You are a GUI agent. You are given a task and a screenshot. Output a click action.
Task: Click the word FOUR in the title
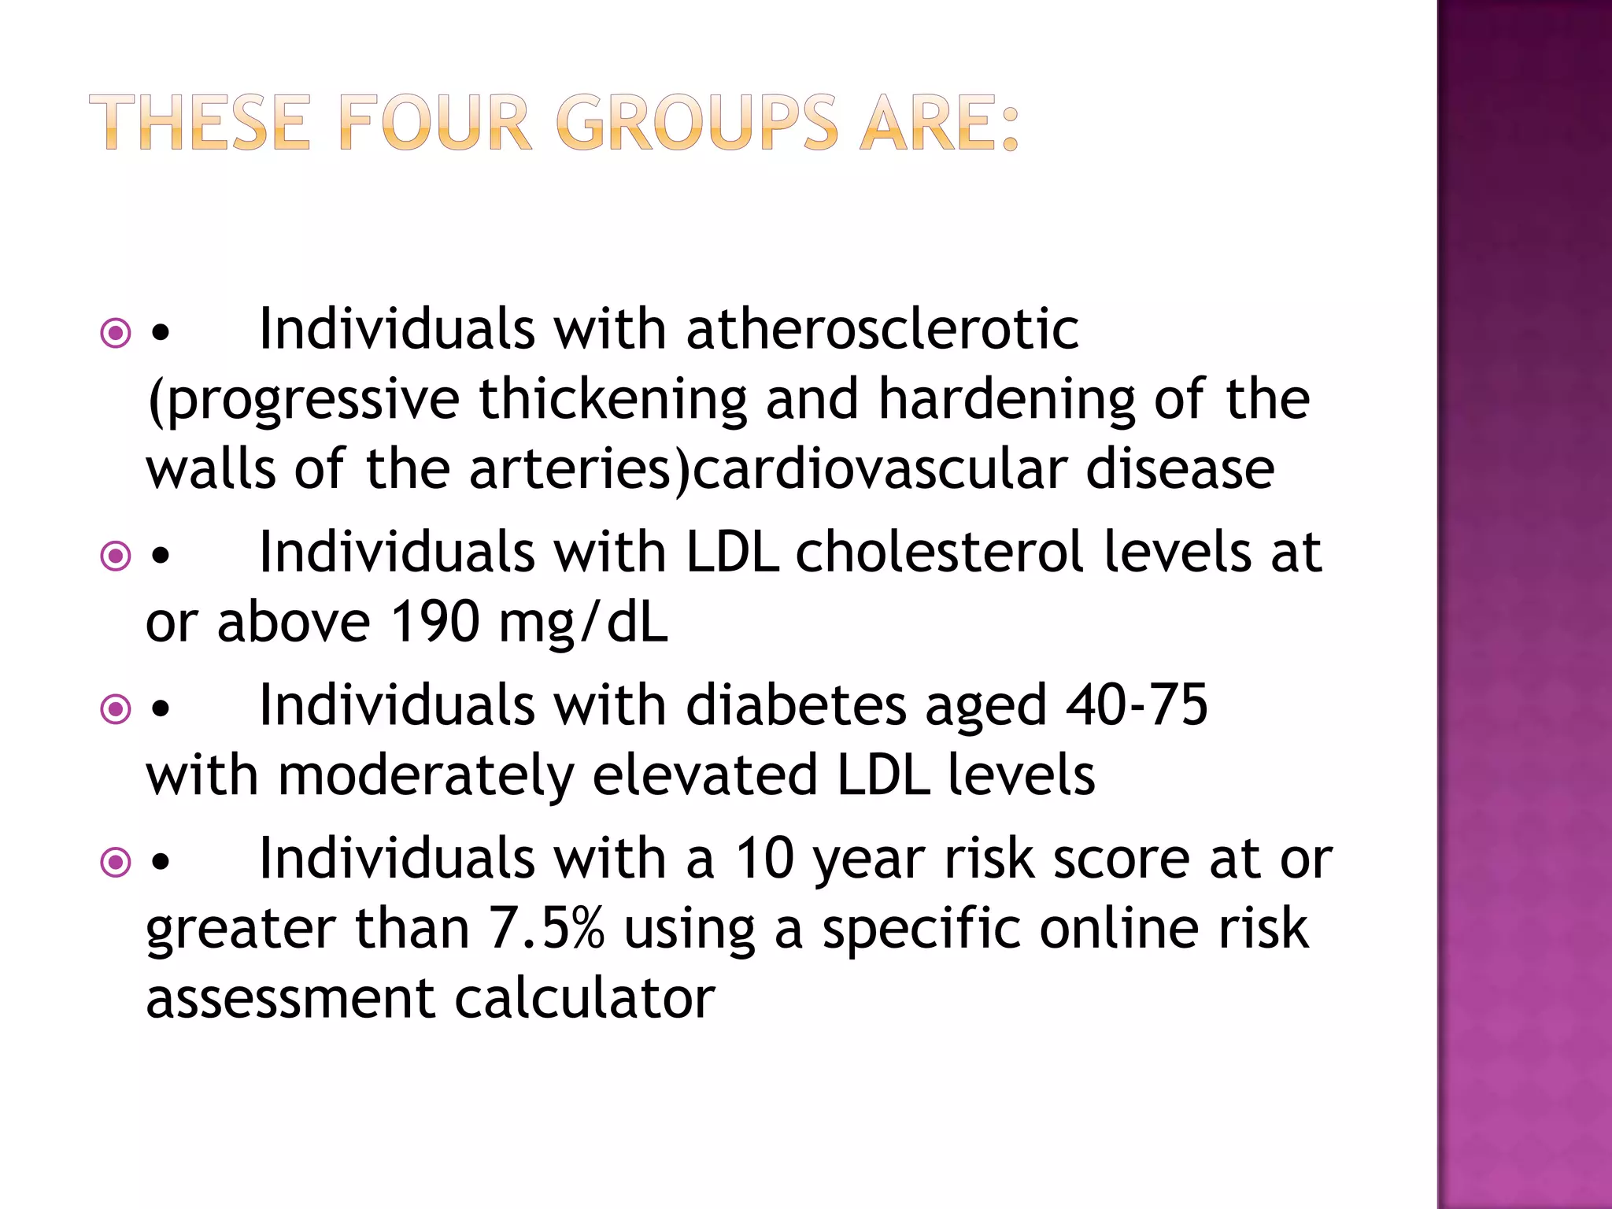pos(436,123)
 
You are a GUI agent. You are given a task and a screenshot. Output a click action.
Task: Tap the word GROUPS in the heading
pos(697,123)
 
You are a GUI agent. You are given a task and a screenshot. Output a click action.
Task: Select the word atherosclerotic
pos(882,328)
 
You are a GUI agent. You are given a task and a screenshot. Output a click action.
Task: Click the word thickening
pos(613,398)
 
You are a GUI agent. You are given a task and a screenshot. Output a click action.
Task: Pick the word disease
pos(1180,468)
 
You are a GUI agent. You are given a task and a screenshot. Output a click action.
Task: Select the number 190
pos(435,622)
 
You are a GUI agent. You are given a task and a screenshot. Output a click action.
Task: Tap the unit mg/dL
pos(583,622)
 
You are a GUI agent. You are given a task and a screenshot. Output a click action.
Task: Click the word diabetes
pos(796,704)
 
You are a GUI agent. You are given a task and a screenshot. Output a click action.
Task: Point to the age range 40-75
pos(1137,704)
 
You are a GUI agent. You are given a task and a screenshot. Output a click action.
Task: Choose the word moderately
pos(425,775)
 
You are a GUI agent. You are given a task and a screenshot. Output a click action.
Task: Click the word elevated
pos(704,775)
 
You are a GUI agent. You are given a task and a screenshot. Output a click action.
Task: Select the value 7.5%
pos(546,928)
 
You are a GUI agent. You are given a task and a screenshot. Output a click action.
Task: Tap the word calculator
pos(585,998)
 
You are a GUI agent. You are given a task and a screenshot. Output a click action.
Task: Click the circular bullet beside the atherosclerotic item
pos(116,333)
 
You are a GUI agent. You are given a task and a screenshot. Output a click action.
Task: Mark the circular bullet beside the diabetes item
pos(116,709)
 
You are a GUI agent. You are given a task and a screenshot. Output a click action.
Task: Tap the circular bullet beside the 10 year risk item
pos(116,862)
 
